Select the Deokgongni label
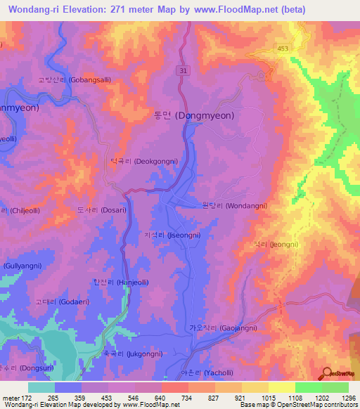coord(143,161)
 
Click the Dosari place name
coord(101,209)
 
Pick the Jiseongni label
coord(176,237)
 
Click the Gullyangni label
coord(25,266)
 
